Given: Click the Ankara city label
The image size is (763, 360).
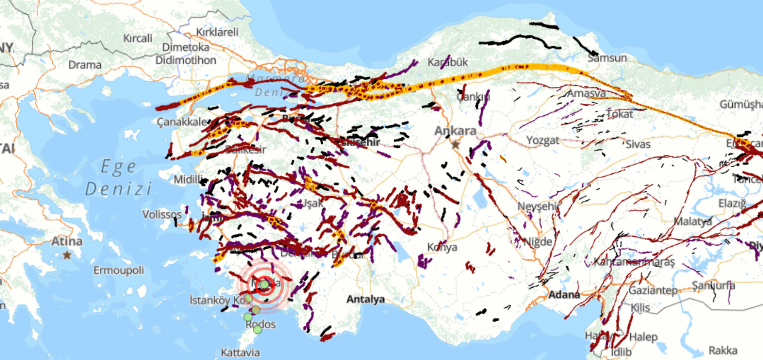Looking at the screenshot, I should (x=455, y=130).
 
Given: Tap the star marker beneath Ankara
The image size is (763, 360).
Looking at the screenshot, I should (x=456, y=144).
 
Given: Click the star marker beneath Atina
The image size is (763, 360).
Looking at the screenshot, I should (x=67, y=255).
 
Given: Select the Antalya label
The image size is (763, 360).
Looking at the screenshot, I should (x=365, y=299).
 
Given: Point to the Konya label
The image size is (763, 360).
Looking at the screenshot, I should (x=442, y=247).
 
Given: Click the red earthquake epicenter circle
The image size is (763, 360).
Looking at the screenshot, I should (x=264, y=285).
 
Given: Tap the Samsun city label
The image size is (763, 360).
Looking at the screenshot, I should (x=607, y=58).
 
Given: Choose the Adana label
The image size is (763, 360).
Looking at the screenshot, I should (x=564, y=295).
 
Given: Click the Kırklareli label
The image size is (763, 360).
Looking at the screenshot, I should (x=217, y=32).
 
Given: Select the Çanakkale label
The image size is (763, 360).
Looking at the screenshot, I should (x=182, y=122).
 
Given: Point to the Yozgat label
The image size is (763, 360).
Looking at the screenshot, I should (x=542, y=140).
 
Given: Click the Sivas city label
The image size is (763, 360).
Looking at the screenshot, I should (x=638, y=144).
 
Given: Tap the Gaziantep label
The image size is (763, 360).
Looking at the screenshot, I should (x=653, y=290).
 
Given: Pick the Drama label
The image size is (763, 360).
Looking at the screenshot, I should (x=85, y=65).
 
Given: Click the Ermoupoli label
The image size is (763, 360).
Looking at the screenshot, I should (x=118, y=270).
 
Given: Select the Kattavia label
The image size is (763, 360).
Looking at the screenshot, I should (x=240, y=352).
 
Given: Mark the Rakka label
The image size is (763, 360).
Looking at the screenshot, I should (x=723, y=350).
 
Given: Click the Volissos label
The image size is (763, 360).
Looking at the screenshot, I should (x=161, y=214).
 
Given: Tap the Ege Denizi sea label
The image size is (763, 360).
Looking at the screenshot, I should (x=118, y=178).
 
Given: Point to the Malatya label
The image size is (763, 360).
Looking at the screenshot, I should (x=693, y=221).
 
